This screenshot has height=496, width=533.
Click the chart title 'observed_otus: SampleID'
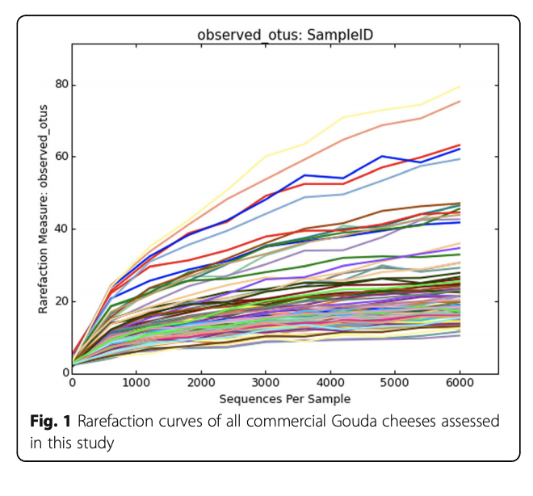(x=277, y=35)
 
